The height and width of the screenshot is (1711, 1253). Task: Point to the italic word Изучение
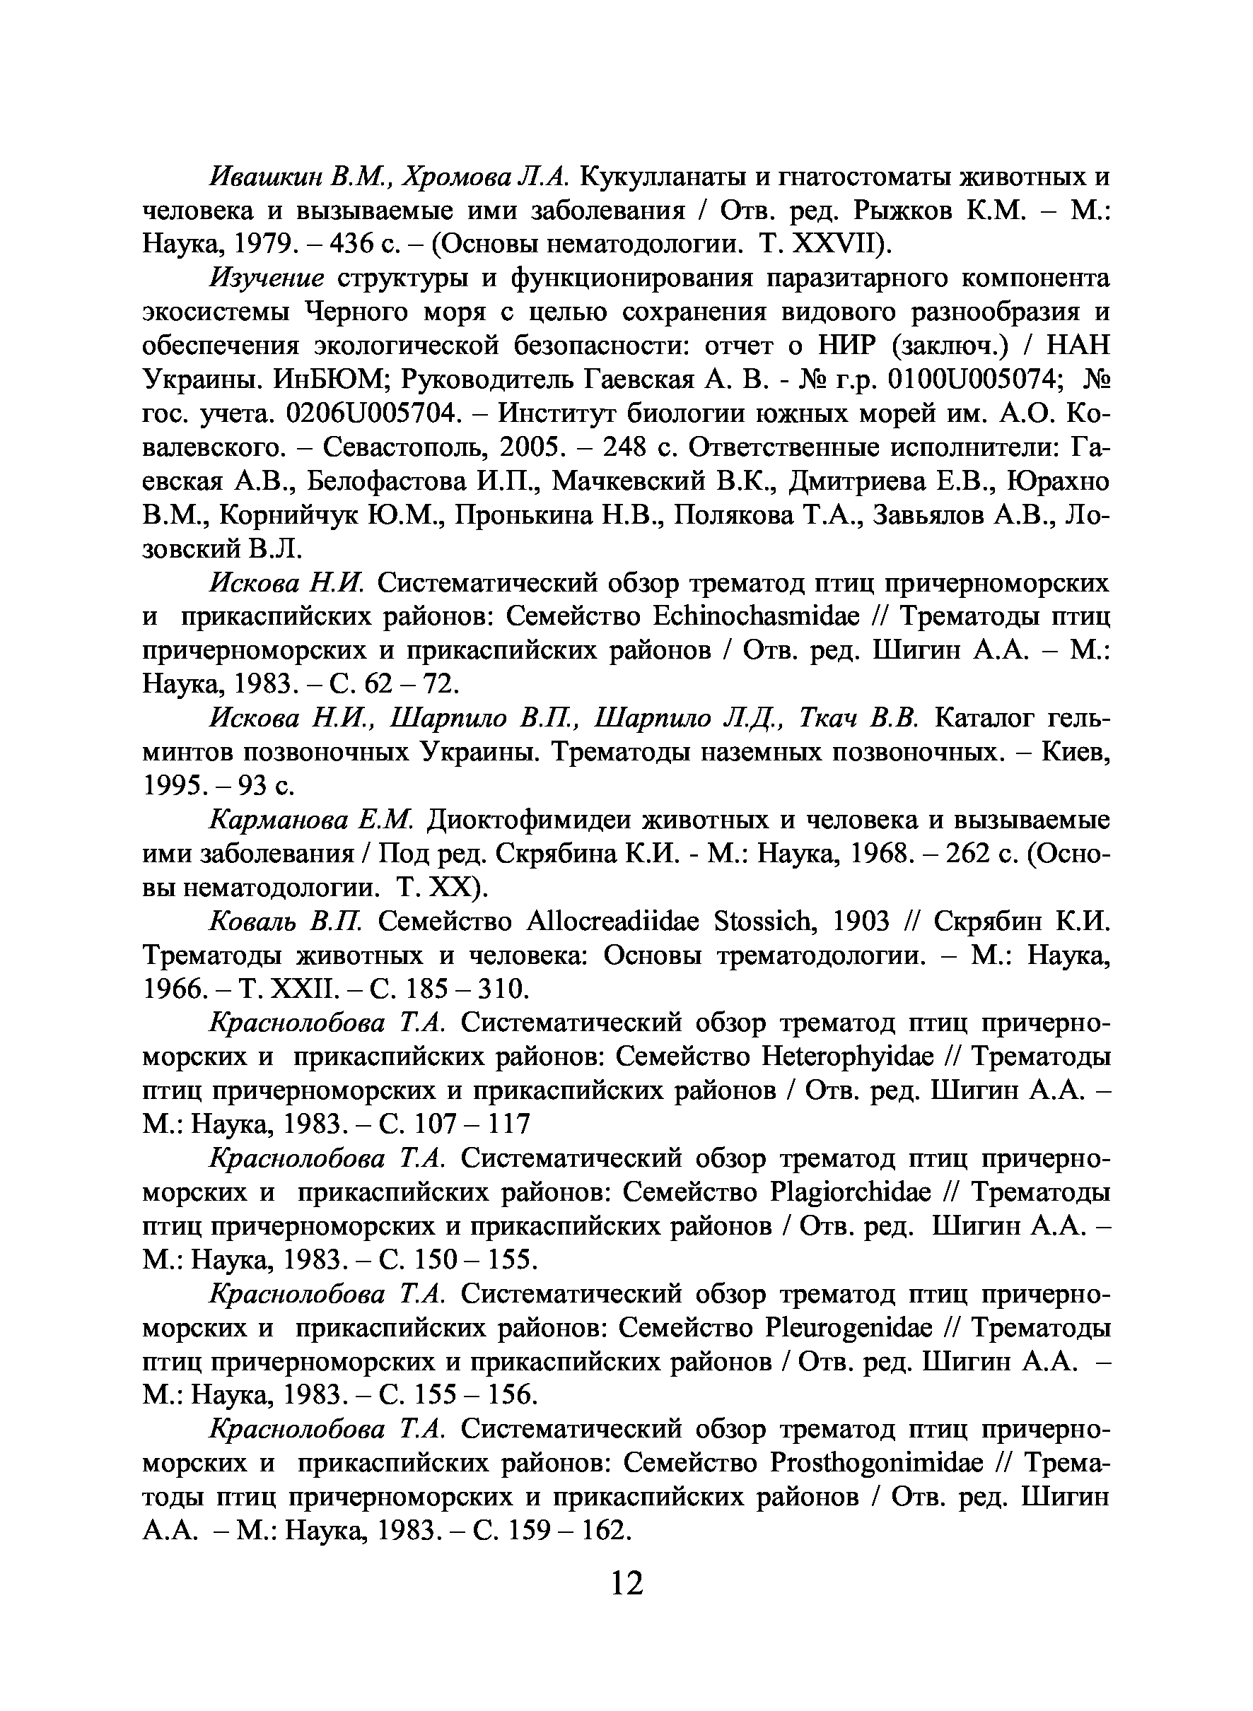point(267,278)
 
